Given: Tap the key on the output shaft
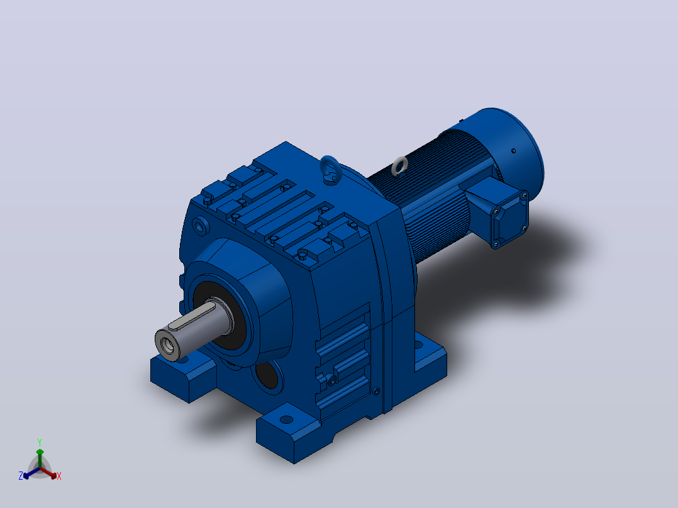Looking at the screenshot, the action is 192,316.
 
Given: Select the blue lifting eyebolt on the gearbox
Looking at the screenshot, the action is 331,170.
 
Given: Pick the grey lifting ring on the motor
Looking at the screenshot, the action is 399,167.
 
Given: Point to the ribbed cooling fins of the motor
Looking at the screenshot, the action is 433,194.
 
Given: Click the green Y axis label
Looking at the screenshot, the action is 40,442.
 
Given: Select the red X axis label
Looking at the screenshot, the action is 59,476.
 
